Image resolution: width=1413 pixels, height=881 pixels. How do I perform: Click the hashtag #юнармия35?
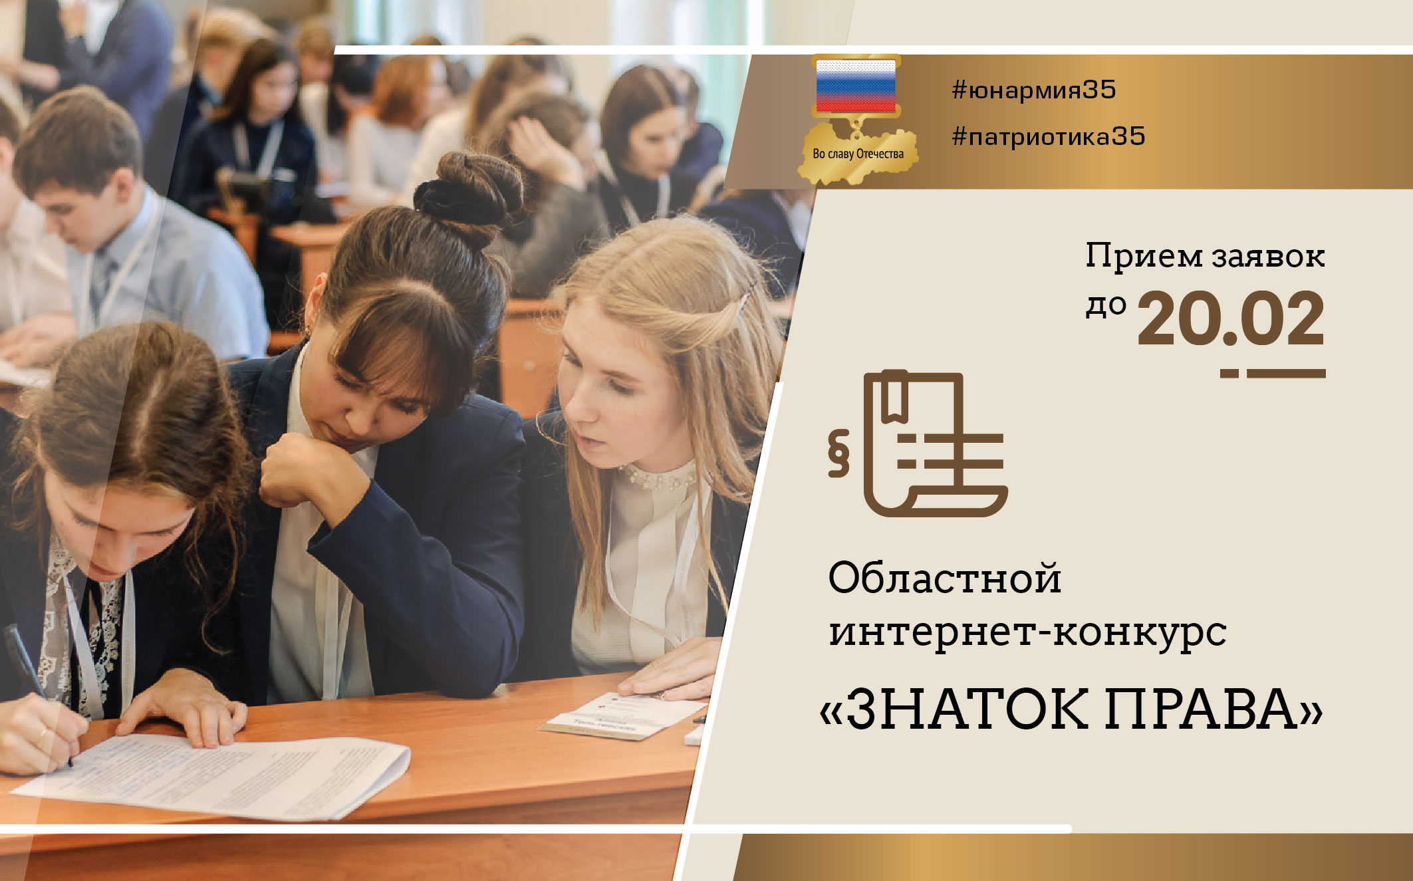pyautogui.click(x=1034, y=90)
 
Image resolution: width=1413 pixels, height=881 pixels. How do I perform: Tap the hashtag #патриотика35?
pyautogui.click(x=1049, y=136)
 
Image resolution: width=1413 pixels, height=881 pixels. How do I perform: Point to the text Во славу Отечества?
pyautogui.click(x=858, y=154)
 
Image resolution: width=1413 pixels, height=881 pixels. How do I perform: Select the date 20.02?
pyautogui.click(x=1231, y=319)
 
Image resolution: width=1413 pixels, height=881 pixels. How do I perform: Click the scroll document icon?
pyautogui.click(x=935, y=443)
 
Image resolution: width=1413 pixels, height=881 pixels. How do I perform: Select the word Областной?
pyautogui.click(x=944, y=578)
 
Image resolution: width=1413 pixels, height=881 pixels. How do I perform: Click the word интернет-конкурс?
pyautogui.click(x=1027, y=632)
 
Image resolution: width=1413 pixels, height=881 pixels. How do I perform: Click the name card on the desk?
pyautogui.click(x=622, y=714)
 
